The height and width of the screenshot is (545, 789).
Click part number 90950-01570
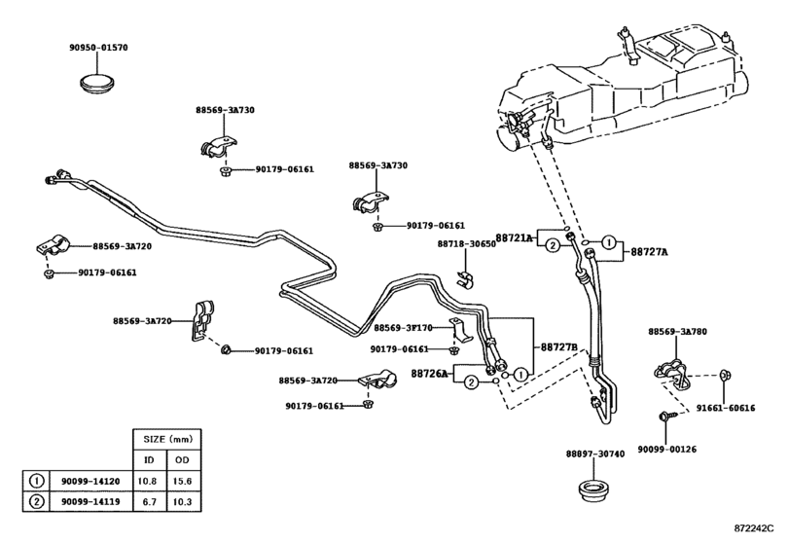point(98,48)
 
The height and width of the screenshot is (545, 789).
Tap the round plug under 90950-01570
point(98,83)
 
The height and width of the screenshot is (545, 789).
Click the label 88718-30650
point(466,243)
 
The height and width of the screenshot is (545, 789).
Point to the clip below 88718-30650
point(465,278)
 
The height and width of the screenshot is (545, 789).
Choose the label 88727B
point(559,347)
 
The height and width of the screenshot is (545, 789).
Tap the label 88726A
point(429,374)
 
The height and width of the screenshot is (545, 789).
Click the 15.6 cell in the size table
point(182,481)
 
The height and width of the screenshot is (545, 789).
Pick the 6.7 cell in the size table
point(150,502)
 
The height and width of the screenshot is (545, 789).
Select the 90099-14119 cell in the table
point(90,502)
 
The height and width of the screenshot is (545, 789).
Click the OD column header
point(182,460)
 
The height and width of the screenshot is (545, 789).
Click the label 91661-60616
point(726,408)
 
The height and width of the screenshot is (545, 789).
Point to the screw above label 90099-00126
point(664,417)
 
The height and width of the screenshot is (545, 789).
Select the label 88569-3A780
point(677,332)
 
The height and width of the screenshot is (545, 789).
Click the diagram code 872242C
point(753,528)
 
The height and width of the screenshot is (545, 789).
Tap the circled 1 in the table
point(37,481)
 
